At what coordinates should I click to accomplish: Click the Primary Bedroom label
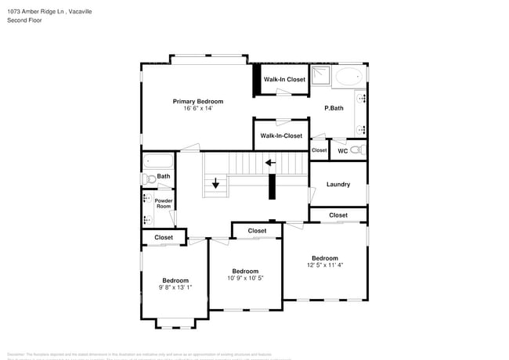coord(198,101)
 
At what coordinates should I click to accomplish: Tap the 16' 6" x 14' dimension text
coord(198,109)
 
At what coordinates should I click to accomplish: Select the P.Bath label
coord(334,108)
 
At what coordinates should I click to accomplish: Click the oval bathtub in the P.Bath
coord(350,77)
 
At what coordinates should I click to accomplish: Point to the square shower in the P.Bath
coord(321,76)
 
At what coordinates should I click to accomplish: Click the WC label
coord(342,150)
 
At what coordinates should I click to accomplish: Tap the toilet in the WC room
coord(356,149)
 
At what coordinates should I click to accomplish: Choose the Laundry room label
coord(338,185)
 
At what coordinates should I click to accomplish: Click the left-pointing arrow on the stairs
coord(270,163)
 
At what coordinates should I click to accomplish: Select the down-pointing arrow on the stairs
coord(216,185)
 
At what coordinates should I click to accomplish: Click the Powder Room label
coord(163,203)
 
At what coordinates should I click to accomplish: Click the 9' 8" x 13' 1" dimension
coord(175,288)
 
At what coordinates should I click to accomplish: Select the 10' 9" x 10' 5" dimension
coord(245,279)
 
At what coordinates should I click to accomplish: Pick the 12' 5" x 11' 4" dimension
coord(324,265)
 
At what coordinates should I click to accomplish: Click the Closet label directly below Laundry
coord(338,215)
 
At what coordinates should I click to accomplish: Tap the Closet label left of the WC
coord(319,150)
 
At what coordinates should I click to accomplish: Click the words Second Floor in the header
coord(26,20)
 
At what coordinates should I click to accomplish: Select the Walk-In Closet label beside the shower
coord(284,79)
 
